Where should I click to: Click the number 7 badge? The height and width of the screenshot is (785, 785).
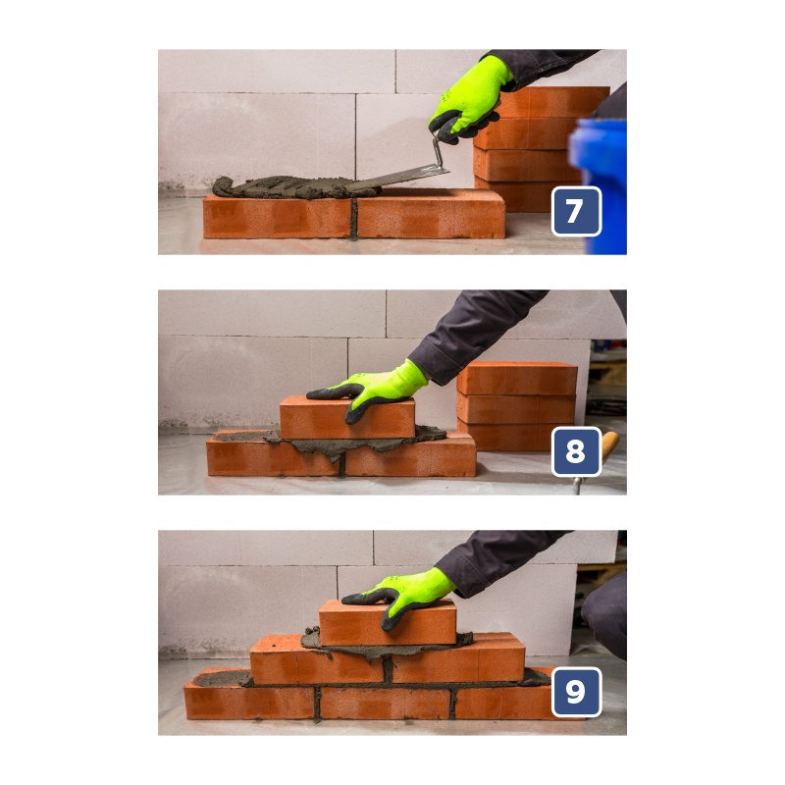[x=576, y=211]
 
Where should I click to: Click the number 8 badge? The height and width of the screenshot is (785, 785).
[x=576, y=451]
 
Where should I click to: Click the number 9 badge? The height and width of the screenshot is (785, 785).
[x=576, y=692]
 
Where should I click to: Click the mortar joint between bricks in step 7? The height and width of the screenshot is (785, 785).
[x=354, y=218]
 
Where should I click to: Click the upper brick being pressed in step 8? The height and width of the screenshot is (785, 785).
[x=347, y=418]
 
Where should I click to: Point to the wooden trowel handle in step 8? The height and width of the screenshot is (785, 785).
[x=609, y=446]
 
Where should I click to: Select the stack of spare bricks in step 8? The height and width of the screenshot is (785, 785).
[x=517, y=405]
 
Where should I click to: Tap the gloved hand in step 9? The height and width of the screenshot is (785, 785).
[x=400, y=596]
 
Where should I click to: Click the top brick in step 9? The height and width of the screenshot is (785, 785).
[x=388, y=623]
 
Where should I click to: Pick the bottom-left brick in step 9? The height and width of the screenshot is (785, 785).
[x=249, y=701]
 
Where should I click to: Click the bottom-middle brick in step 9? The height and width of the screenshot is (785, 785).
[x=385, y=703]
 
